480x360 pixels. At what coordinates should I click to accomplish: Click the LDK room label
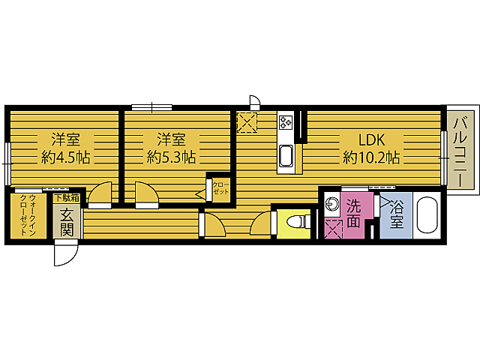click(x=371, y=140)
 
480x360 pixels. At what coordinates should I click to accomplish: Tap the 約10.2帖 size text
click(x=371, y=157)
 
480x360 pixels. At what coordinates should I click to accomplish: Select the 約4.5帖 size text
click(x=65, y=157)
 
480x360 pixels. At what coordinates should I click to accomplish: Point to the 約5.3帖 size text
click(x=172, y=157)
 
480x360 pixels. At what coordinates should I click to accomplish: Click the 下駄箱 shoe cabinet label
click(x=64, y=198)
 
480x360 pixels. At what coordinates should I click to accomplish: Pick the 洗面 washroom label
click(x=352, y=213)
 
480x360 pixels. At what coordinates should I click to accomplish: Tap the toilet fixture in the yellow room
click(x=297, y=223)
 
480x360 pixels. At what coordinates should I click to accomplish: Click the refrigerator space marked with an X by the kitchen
click(x=247, y=121)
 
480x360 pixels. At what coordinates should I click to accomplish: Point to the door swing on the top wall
click(x=255, y=101)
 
